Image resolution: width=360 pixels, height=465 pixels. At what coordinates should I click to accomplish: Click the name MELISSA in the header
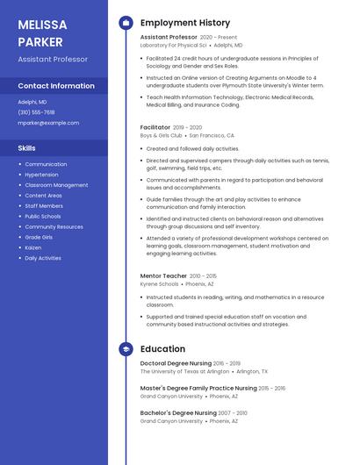coord(42,24)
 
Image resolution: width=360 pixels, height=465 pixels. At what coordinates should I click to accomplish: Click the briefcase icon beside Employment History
coord(126,23)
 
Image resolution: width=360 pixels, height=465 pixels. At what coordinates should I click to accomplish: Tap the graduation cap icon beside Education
coord(126,349)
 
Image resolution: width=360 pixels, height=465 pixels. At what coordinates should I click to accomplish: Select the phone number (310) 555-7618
coord(36,112)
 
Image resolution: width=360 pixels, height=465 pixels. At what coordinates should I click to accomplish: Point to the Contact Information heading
coord(56,86)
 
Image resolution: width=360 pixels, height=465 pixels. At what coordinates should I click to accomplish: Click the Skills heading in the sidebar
coord(27,148)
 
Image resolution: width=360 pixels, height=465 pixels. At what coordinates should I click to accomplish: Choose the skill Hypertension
coord(41,175)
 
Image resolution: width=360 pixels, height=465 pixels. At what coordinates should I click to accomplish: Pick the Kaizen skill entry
coord(33,247)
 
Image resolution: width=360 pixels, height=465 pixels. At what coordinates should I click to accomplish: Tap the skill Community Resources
coord(54,226)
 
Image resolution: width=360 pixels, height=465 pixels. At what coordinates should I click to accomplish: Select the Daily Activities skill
coord(43,258)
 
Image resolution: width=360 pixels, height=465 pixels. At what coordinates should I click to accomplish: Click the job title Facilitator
coord(155,127)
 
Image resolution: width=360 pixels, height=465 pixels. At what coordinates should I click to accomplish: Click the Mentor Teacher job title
coord(163,275)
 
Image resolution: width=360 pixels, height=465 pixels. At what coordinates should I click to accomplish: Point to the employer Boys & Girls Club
coord(161,136)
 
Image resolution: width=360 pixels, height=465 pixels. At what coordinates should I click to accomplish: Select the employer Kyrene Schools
coord(159,284)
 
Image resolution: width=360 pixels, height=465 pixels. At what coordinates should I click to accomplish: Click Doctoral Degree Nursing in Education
coord(176,363)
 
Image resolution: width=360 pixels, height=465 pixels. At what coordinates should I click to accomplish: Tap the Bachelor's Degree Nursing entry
coord(178,412)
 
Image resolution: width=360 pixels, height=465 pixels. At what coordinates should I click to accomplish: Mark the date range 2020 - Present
coord(219,38)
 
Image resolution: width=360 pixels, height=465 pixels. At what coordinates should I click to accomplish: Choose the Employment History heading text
coord(185,23)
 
